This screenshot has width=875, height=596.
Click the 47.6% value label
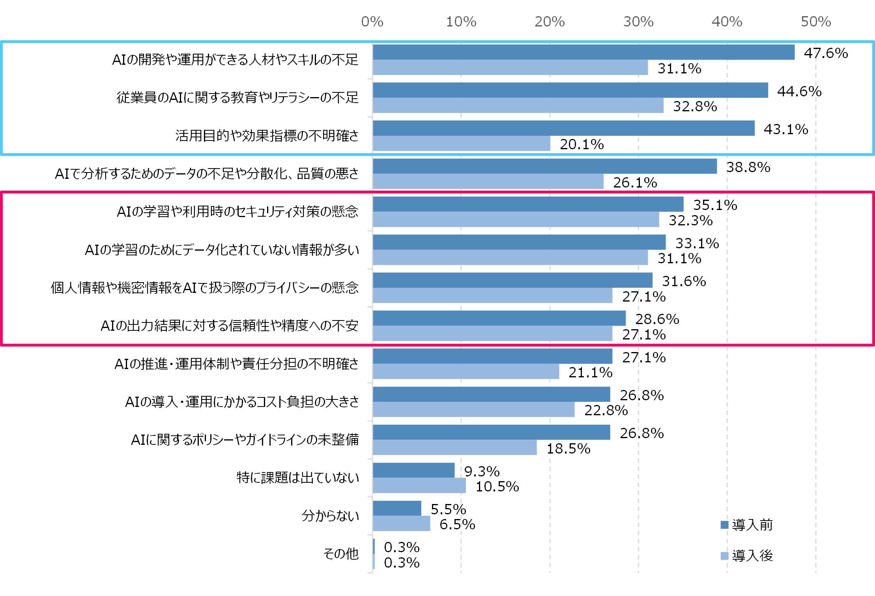pos(826,53)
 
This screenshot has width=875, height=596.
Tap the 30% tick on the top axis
pos(638,21)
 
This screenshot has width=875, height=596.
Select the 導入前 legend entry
pos(746,525)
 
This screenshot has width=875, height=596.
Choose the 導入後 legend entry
pos(746,556)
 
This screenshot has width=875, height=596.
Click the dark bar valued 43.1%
pos(563,128)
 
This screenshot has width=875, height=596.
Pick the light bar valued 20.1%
pos(461,144)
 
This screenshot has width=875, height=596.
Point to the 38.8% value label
pos(748,167)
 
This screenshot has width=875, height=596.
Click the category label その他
pos(341,554)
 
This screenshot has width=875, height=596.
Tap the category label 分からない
pos(330,515)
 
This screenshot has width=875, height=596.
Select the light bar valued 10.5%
pos(419,485)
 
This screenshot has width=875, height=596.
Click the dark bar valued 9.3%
pos(413,470)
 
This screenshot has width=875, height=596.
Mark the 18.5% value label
pos(568,448)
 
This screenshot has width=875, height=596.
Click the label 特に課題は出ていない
pos(297,478)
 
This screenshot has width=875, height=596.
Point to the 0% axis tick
pos(372,21)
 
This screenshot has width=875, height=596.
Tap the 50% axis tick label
pos(815,21)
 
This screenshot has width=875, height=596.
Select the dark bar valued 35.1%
pos(528,204)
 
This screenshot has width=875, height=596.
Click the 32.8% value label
pos(695,106)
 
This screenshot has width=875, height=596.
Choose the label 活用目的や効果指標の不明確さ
pos(267,135)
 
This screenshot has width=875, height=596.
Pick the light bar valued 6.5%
pos(401,523)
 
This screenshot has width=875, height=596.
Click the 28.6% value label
pos(657,319)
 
